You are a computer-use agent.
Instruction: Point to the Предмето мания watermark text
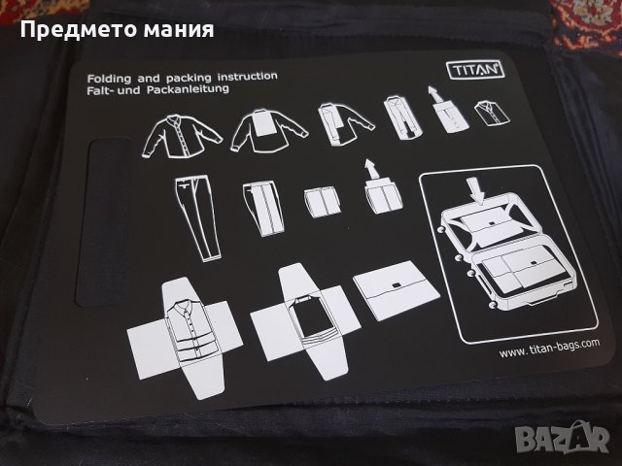tap(117, 28)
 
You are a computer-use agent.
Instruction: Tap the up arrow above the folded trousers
tap(368, 168)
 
